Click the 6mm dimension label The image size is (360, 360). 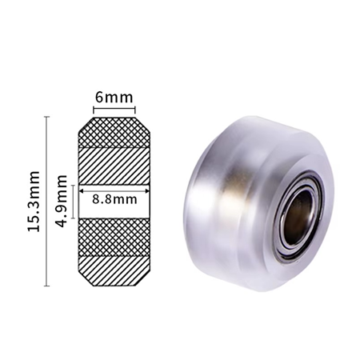[x=114, y=98]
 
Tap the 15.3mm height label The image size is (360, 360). [x=34, y=202]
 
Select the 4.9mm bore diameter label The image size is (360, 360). [x=62, y=201]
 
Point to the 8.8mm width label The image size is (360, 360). [x=114, y=199]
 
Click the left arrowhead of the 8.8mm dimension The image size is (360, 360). [x=82, y=191]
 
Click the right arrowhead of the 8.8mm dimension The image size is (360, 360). [x=147, y=191]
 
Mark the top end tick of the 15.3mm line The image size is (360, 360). [x=47, y=117]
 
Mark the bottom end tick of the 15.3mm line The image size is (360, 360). [x=47, y=286]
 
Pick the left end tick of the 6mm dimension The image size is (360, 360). [x=94, y=110]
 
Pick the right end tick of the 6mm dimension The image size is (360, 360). [x=135, y=110]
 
